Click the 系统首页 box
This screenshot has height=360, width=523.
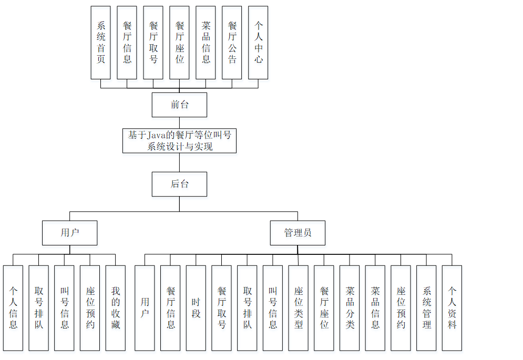(100, 43)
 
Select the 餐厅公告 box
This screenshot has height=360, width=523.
(232, 43)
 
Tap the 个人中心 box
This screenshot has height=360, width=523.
(258, 43)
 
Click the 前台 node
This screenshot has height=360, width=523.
(179, 105)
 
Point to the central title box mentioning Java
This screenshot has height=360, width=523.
(179, 141)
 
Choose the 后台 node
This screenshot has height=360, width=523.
(179, 184)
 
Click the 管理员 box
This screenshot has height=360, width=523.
(298, 233)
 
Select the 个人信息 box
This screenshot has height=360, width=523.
(13, 308)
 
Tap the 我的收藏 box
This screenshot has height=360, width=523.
(116, 308)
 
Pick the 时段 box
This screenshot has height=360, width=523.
(196, 308)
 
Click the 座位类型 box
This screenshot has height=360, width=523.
(299, 308)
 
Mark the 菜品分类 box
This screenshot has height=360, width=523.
(350, 308)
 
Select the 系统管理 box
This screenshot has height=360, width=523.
(426, 308)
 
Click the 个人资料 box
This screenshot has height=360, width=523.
(452, 308)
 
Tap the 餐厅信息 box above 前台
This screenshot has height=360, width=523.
(127, 43)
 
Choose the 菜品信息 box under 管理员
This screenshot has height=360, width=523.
(375, 308)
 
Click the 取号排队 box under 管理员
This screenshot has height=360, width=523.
(247, 308)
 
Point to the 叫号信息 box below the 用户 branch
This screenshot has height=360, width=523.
(64, 308)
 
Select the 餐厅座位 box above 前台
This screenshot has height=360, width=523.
(179, 43)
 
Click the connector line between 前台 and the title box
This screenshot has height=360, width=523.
(179, 123)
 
